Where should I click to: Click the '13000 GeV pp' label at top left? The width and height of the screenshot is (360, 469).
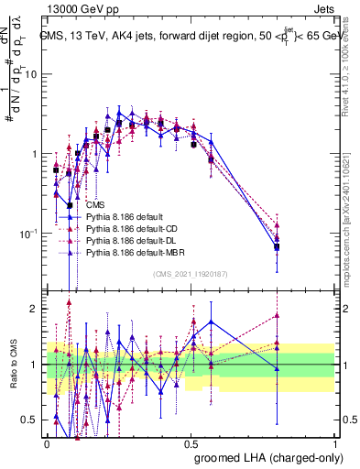pyautogui.click(x=74, y=6)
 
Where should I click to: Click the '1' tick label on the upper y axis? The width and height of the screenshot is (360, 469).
pyautogui.click(x=36, y=154)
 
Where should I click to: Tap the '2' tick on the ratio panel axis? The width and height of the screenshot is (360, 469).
pyautogui.click(x=36, y=309)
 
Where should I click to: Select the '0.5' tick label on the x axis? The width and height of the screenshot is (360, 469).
pyautogui.click(x=191, y=442)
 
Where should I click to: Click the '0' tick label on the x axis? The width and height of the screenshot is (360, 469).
pyautogui.click(x=47, y=442)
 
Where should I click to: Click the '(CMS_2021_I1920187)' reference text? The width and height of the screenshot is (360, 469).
pyautogui.click(x=191, y=272)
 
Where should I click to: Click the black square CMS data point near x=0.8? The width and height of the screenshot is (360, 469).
pyautogui.click(x=277, y=246)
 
